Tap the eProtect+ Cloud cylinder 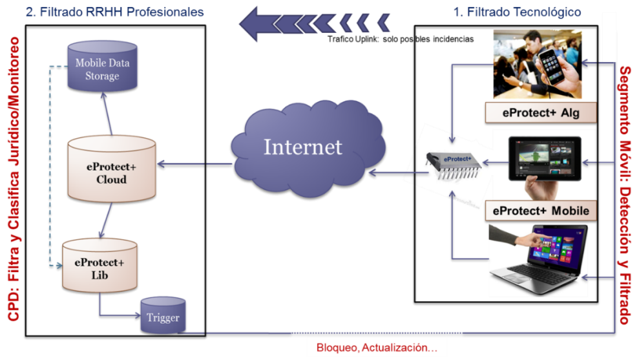[112, 169]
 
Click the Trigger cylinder [163, 316]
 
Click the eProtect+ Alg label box [540, 113]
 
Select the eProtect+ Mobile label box [541, 211]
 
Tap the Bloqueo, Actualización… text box [377, 348]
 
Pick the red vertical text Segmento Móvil [624, 194]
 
